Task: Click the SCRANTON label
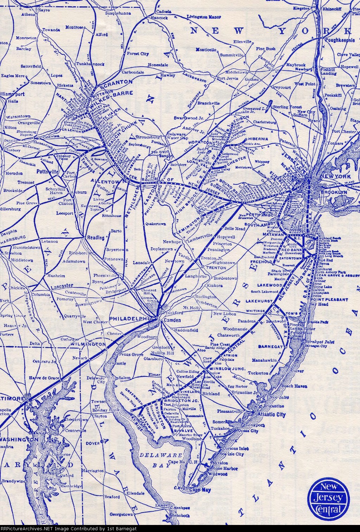tap(117, 81)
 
